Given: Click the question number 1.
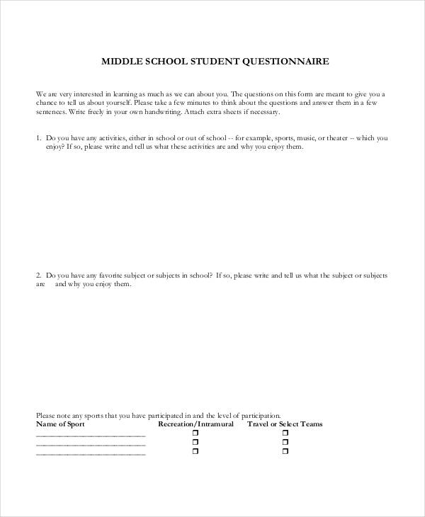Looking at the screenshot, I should [x=37, y=138].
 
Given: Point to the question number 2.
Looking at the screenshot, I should [x=37, y=275].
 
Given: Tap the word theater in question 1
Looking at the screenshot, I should [x=339, y=138].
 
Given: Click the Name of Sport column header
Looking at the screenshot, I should [x=60, y=424].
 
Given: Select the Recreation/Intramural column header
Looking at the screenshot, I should [x=195, y=424].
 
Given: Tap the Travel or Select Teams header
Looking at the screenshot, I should [x=285, y=424].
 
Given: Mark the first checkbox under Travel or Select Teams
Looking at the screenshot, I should [x=285, y=433].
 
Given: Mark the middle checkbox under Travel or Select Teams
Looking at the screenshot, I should [x=285, y=442].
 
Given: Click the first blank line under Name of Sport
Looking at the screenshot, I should [x=91, y=436].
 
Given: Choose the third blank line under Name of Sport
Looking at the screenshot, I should [x=91, y=454].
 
